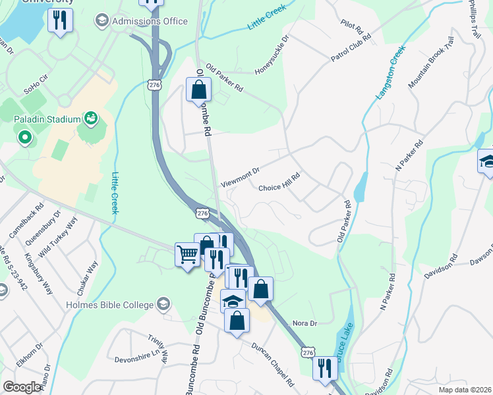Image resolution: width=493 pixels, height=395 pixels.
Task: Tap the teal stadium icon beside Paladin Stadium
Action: click(x=91, y=119)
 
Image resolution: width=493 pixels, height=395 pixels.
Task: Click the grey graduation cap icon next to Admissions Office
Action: click(x=101, y=21)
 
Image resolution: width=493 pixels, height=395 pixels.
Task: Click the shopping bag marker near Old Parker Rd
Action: click(x=198, y=89)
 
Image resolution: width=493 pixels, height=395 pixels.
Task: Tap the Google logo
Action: click(x=22, y=387)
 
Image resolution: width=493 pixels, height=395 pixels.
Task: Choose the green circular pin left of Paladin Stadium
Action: click(x=25, y=138)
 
